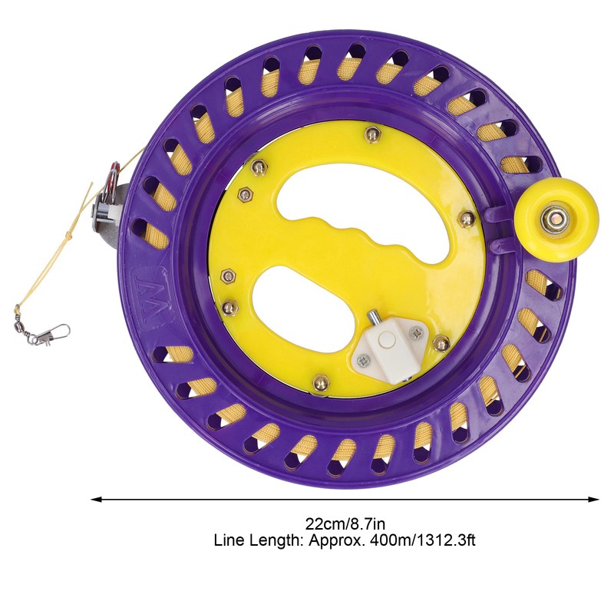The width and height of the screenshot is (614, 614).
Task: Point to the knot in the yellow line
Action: coord(70,235)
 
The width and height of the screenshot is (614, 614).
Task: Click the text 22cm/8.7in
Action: coord(345,523)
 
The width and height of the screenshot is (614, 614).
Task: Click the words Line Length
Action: coord(258,541)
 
